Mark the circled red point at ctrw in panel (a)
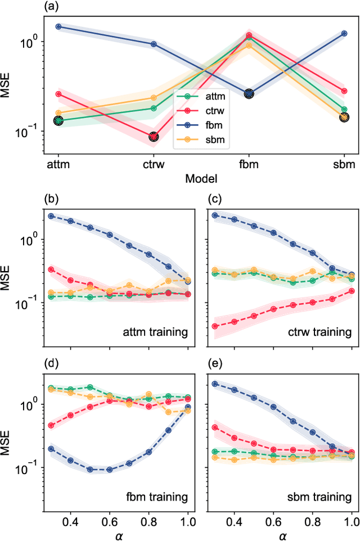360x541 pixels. click(x=154, y=137)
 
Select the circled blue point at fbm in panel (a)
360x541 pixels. click(x=249, y=94)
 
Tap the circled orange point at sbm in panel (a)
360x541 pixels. click(x=344, y=117)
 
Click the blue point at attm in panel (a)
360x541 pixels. click(x=58, y=26)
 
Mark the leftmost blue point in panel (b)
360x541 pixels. click(x=51, y=216)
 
